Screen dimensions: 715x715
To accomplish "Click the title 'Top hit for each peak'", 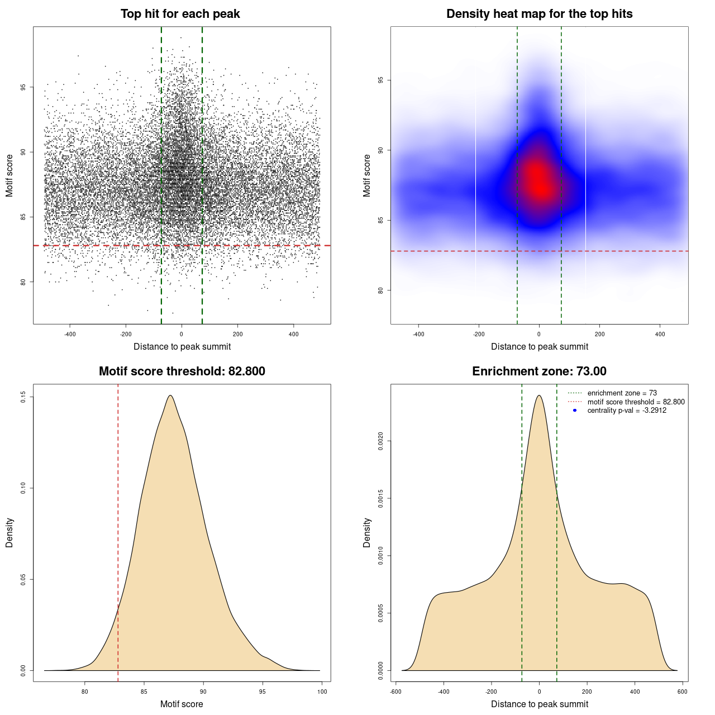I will [x=180, y=14].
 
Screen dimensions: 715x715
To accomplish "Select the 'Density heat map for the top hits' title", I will [x=539, y=14].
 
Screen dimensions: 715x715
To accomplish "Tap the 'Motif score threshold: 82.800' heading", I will [x=182, y=371].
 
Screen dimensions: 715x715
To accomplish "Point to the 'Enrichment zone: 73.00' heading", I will [x=539, y=371].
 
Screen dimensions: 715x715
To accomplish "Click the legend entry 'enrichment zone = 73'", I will [x=622, y=393].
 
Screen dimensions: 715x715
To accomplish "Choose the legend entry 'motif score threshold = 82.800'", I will [x=636, y=402].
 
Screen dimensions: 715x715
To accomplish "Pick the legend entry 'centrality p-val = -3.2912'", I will [x=627, y=411].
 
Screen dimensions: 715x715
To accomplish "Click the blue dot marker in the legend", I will [x=575, y=411].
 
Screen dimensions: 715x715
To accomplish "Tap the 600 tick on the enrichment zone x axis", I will [x=682, y=692].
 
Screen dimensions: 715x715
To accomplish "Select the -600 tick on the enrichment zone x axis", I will [x=395, y=692].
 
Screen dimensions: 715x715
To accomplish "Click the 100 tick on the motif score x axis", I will [x=322, y=692].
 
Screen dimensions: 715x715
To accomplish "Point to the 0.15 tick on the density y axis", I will [x=23, y=397].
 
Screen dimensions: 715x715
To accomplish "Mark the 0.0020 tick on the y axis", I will [x=380, y=441].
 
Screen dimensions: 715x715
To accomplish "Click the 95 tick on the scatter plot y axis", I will [x=23, y=87].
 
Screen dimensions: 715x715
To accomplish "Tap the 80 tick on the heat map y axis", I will [x=380, y=290].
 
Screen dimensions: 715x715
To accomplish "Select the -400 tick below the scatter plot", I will [x=70, y=334].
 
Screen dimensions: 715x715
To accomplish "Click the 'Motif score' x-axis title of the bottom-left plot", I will [x=182, y=704].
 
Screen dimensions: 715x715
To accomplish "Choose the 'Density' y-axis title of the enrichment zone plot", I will [x=367, y=532].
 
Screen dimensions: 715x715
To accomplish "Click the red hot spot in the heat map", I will [x=538, y=179].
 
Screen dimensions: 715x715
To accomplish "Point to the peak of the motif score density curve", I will [x=170, y=395].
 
